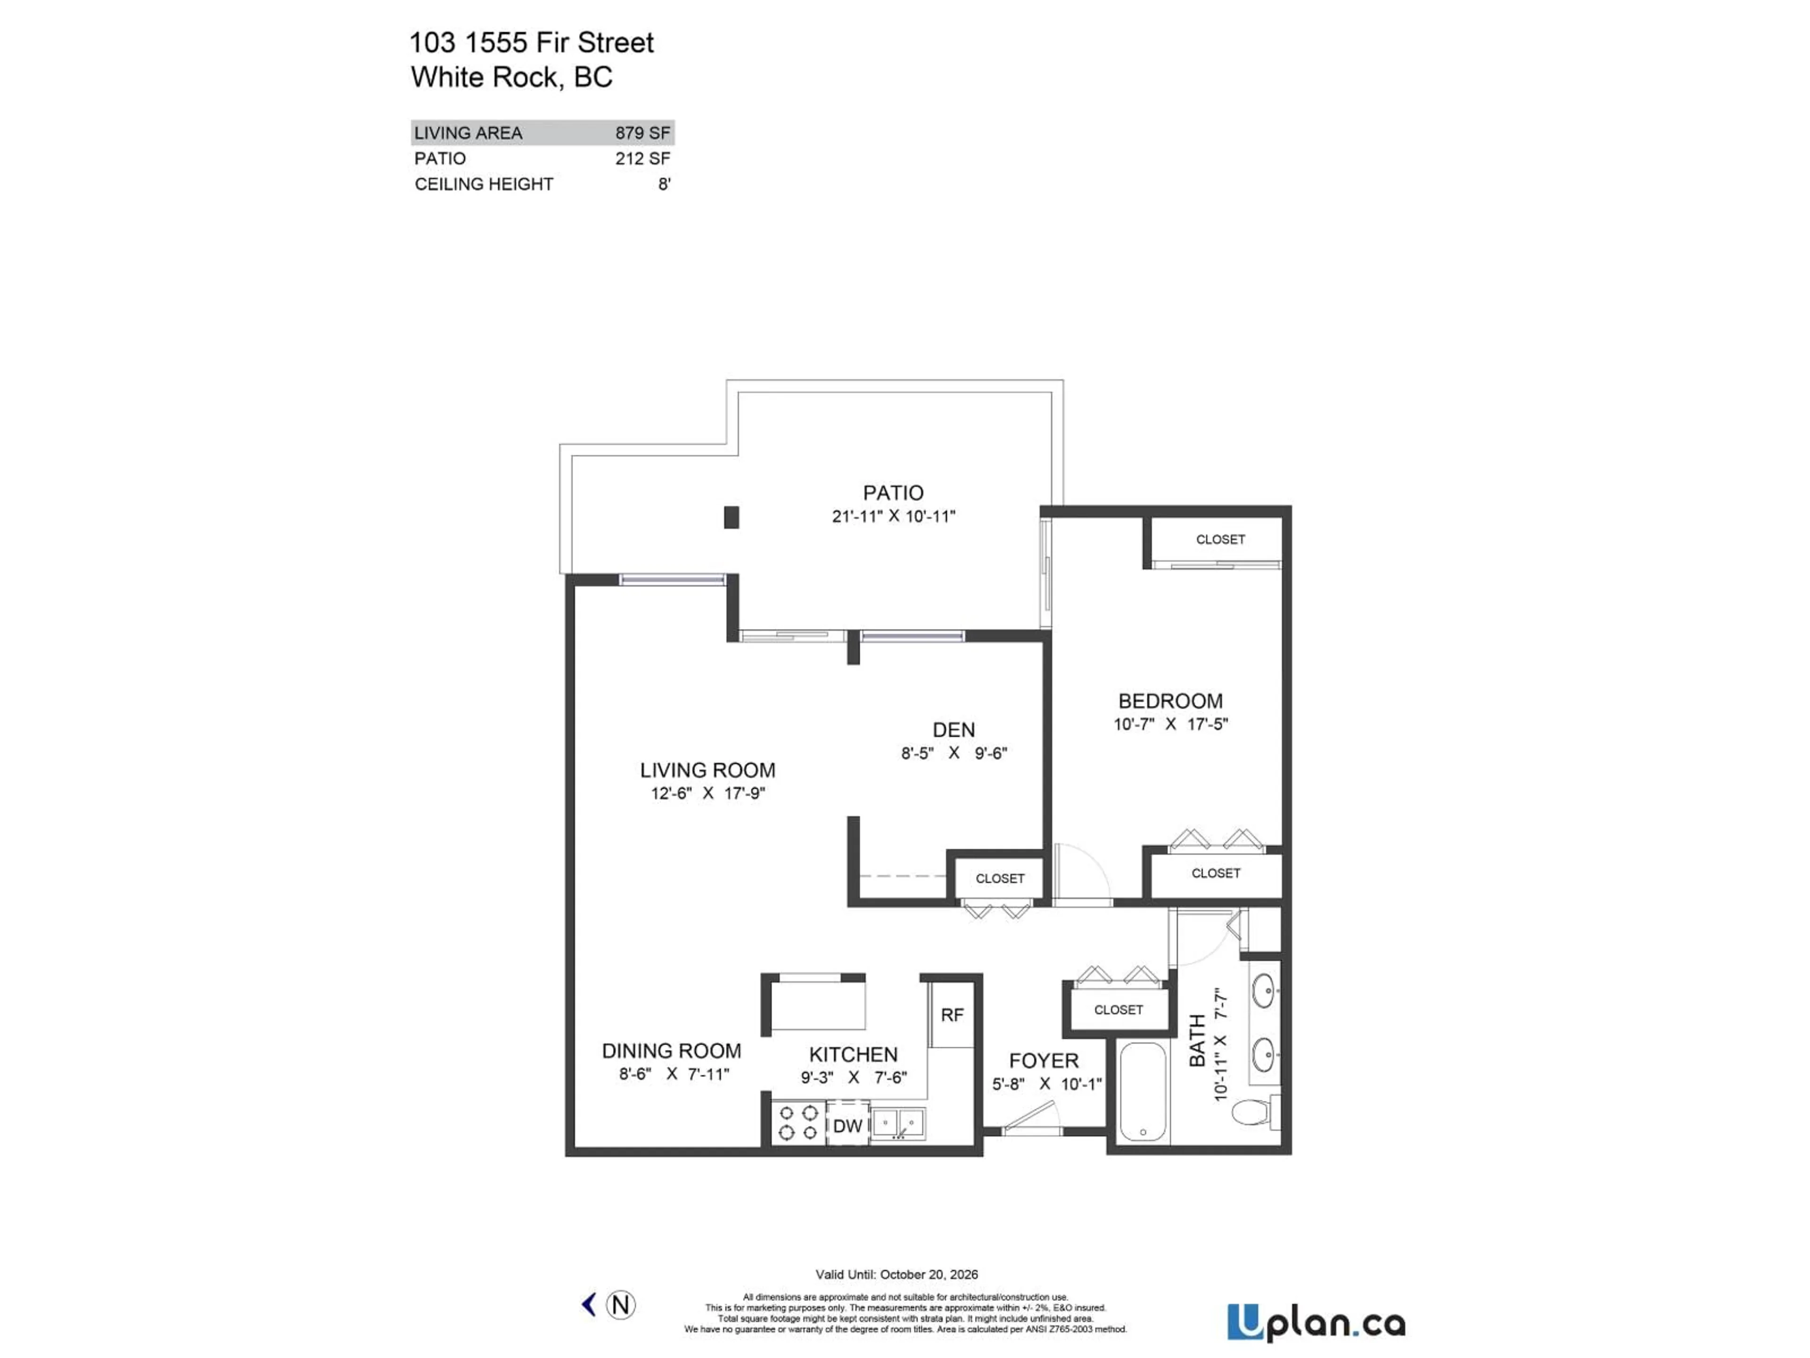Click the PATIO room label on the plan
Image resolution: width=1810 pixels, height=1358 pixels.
(x=893, y=493)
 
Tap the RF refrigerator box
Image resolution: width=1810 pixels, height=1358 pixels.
(x=952, y=1015)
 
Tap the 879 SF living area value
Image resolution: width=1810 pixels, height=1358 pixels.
(x=642, y=132)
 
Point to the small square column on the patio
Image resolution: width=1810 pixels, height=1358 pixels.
(x=732, y=517)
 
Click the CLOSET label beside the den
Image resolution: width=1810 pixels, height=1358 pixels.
(x=999, y=878)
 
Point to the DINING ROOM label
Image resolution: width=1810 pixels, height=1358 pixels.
(x=671, y=1051)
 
